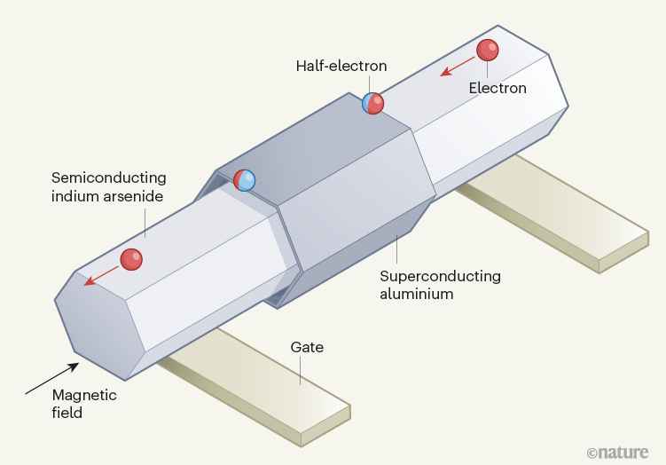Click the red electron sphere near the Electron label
click(x=488, y=51)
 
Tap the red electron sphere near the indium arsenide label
click(x=131, y=258)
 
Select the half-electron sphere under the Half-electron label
click(x=373, y=104)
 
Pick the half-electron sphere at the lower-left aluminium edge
click(x=245, y=180)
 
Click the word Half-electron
click(x=341, y=66)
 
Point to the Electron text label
click(x=498, y=88)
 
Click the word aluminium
click(x=416, y=293)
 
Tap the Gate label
click(x=307, y=348)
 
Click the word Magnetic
click(x=83, y=395)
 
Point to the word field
click(x=67, y=413)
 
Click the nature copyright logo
click(x=620, y=451)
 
